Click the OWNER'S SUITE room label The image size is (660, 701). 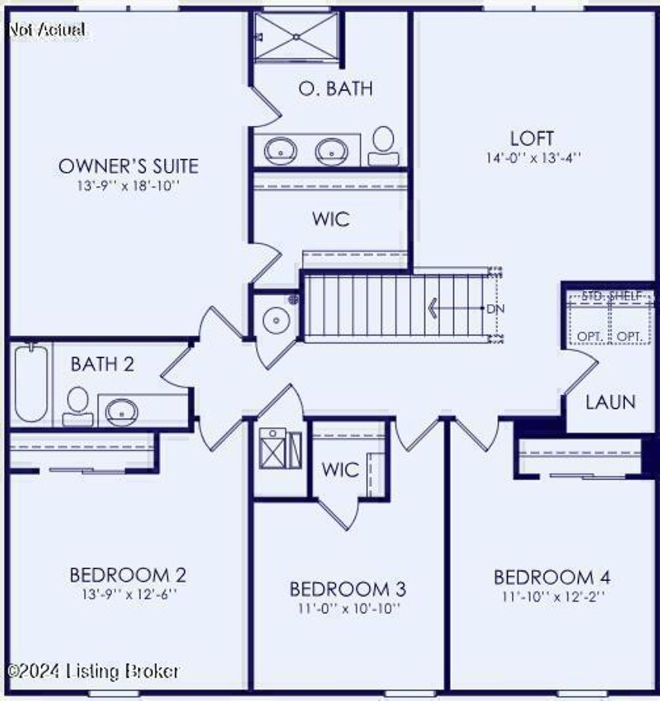(x=128, y=166)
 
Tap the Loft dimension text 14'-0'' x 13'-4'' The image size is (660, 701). (x=533, y=158)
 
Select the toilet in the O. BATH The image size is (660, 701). (x=383, y=145)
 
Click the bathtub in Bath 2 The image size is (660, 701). (x=31, y=383)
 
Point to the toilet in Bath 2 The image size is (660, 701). (x=78, y=406)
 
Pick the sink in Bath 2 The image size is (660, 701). (x=121, y=412)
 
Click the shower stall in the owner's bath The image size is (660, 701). (x=296, y=37)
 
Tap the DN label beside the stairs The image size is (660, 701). (x=495, y=309)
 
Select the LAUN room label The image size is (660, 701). (x=611, y=402)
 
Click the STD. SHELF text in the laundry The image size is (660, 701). (x=612, y=295)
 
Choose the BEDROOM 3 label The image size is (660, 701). (x=348, y=589)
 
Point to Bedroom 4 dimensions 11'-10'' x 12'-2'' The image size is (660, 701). (x=553, y=596)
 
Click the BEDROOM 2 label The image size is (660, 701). (x=128, y=575)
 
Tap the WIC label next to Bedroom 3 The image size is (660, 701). (x=340, y=470)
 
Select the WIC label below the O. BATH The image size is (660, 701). (x=331, y=219)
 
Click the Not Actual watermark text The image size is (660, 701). (x=47, y=30)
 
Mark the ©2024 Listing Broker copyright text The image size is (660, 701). (x=93, y=671)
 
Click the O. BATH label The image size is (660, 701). (x=336, y=89)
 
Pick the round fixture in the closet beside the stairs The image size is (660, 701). (x=277, y=320)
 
